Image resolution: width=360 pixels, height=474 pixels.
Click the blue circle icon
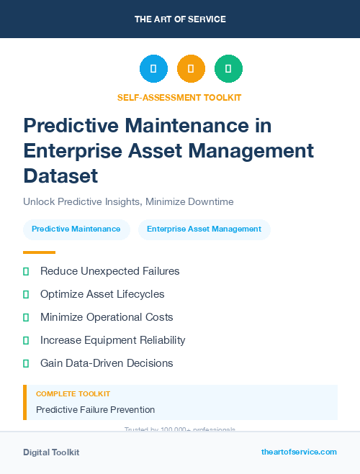(x=153, y=69)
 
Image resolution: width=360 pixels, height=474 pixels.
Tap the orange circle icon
(x=191, y=69)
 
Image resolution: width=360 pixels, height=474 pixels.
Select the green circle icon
(x=228, y=69)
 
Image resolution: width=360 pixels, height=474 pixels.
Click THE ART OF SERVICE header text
(x=180, y=19)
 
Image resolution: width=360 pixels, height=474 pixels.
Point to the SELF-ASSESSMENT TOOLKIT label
(x=179, y=98)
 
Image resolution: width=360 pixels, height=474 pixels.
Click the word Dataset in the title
(x=60, y=176)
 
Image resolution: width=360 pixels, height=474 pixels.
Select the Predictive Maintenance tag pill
(x=76, y=229)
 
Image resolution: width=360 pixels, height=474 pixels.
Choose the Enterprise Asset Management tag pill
(x=204, y=229)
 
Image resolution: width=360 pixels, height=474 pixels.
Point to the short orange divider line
(x=39, y=252)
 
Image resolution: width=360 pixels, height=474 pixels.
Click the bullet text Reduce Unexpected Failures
(x=109, y=271)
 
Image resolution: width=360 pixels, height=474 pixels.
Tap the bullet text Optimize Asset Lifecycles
(x=102, y=294)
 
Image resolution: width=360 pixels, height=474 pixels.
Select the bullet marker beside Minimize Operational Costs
(x=26, y=317)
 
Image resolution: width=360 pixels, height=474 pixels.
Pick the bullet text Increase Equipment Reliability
(x=112, y=340)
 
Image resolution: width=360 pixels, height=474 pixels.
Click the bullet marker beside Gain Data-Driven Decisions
(x=26, y=363)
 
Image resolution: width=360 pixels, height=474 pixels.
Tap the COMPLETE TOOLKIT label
(x=73, y=394)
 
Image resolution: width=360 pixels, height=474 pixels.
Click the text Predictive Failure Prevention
(x=95, y=410)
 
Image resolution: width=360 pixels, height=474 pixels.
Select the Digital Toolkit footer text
(x=51, y=452)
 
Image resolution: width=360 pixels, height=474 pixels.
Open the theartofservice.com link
(x=299, y=452)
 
